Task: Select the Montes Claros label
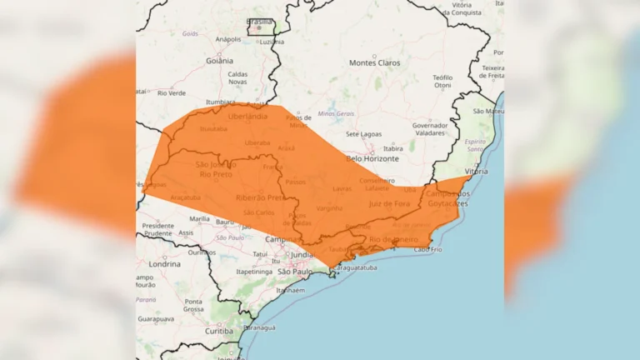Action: click(x=375, y=62)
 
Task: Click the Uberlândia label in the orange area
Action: click(x=248, y=117)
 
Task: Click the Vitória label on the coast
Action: click(x=477, y=170)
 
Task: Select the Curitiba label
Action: click(x=220, y=331)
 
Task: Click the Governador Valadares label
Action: click(x=430, y=129)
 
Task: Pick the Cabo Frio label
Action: click(x=427, y=249)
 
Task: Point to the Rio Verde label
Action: click(x=171, y=92)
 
